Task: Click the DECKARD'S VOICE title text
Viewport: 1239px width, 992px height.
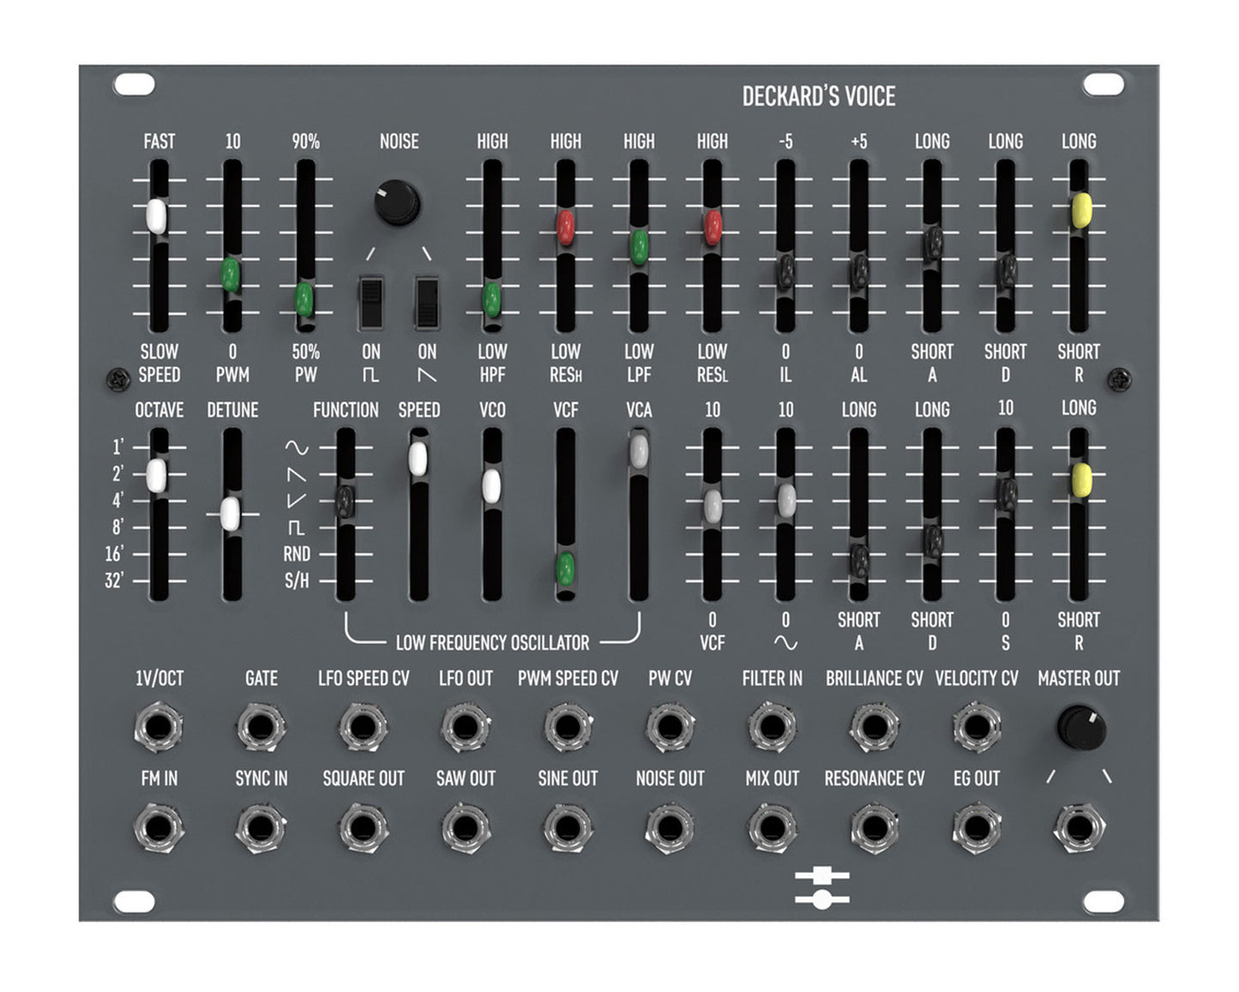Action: click(x=818, y=96)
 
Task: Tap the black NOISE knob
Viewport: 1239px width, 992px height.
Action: click(x=397, y=202)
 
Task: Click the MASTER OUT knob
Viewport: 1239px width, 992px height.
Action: click(x=1081, y=727)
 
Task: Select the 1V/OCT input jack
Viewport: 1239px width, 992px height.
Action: click(x=159, y=726)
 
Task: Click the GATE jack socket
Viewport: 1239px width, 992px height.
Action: click(x=261, y=726)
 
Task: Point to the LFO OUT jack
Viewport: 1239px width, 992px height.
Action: click(x=466, y=726)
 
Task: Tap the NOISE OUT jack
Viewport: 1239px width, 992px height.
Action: click(x=670, y=828)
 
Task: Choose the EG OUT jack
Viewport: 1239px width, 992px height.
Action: click(x=977, y=828)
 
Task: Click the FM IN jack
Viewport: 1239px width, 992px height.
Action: click(x=159, y=828)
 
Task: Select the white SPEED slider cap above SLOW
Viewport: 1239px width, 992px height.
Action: click(x=156, y=216)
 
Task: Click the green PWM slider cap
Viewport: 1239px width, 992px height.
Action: click(x=230, y=274)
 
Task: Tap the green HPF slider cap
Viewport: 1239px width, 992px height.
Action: click(x=491, y=299)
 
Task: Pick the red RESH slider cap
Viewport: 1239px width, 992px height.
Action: click(x=565, y=227)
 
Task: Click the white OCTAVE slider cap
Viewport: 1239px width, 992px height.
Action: click(x=156, y=475)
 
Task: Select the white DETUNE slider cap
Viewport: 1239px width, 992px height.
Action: click(x=230, y=513)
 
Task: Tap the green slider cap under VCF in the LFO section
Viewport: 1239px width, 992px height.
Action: click(x=565, y=568)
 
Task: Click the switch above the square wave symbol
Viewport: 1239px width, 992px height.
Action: click(x=371, y=303)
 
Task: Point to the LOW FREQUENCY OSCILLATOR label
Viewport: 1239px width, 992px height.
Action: click(x=492, y=642)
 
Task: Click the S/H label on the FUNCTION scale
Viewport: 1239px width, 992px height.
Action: click(x=297, y=580)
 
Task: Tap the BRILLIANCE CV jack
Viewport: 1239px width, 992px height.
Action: click(x=874, y=726)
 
